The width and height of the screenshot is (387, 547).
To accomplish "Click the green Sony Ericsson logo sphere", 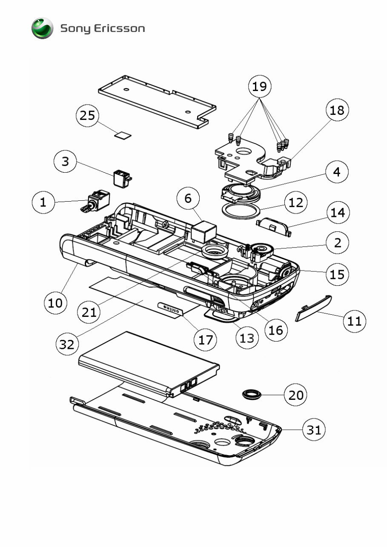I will [42, 28].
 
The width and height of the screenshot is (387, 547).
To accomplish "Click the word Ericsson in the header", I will [120, 29].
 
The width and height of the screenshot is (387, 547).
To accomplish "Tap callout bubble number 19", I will [259, 87].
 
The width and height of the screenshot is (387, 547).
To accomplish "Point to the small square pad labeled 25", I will [123, 135].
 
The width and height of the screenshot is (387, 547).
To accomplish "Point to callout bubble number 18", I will [337, 110].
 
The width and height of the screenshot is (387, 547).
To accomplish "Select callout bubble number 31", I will [314, 430].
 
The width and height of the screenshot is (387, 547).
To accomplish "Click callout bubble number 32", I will [67, 345].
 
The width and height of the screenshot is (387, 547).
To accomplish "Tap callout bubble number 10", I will [55, 303].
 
